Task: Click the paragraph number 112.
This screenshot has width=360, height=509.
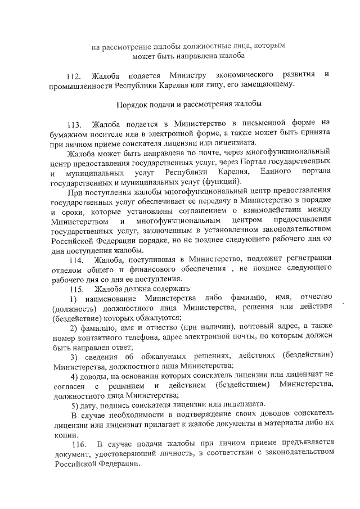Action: point(74,75)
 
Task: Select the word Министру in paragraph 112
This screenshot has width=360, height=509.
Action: point(191,75)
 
